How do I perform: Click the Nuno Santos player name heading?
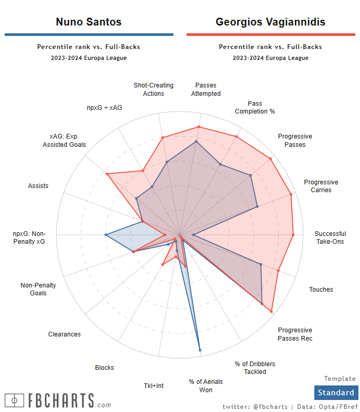pos(89,22)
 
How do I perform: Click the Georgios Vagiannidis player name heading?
pos(270,22)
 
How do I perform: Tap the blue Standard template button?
pos(336,393)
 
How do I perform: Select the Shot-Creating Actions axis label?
pos(153,90)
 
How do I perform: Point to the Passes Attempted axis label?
pos(206,90)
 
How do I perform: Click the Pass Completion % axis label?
pos(255,107)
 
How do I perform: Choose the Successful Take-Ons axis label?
pos(330,238)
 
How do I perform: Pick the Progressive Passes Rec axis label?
pos(295,334)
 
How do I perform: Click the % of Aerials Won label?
pos(201,385)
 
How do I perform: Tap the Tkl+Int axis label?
pos(154,386)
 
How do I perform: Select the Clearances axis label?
pos(65,334)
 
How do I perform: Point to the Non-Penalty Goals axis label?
pos(38,289)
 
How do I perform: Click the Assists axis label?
pos(38,186)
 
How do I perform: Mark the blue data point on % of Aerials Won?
pos(200,350)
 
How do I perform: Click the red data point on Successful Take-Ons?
pos(293,235)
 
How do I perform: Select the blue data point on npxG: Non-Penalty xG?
pos(106,235)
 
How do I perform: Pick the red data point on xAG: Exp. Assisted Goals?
pos(107,174)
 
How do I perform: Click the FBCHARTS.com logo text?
pos(58,401)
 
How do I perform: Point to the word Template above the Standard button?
pos(340,379)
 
